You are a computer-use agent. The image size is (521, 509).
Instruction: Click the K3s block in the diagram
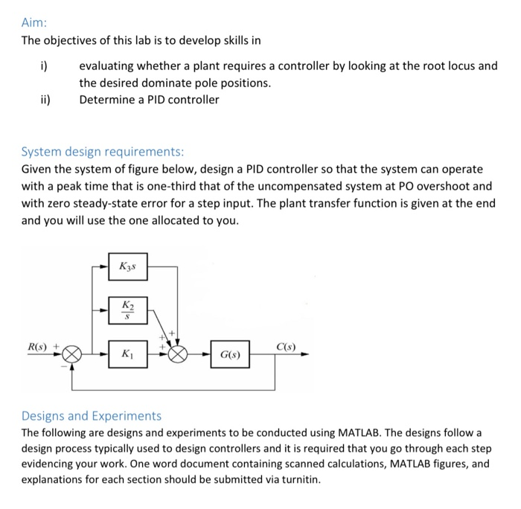tap(129, 266)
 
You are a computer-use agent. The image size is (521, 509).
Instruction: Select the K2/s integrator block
tap(129, 309)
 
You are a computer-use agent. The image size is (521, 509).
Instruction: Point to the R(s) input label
tap(37, 348)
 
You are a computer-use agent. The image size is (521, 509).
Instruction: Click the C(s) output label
tap(285, 348)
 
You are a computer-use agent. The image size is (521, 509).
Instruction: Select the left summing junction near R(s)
tap(71, 356)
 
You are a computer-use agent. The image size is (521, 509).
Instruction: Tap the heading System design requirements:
tap(97, 152)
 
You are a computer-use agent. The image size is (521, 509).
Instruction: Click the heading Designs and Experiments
tap(91, 415)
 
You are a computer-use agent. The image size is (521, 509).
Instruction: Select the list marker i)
tap(44, 65)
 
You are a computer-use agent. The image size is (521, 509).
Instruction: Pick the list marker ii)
tap(45, 99)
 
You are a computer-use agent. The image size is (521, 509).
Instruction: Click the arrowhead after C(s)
tap(304, 356)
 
